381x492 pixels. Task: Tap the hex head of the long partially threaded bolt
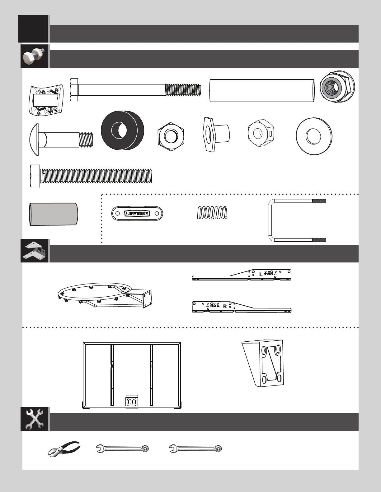pos(74,90)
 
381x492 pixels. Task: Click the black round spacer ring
pos(122,130)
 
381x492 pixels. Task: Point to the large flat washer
pos(314,136)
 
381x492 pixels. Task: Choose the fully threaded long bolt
pos(91,176)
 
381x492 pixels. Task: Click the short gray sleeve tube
pos(53,214)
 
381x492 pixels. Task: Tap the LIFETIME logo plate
pos(137,213)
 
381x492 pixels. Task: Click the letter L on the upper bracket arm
pos(261,275)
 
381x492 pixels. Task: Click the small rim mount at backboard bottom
pos(131,401)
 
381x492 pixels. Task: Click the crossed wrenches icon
pos(34,419)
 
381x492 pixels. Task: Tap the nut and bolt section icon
pos(34,56)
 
